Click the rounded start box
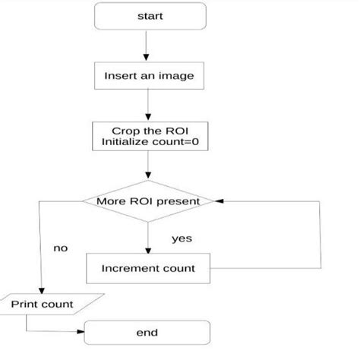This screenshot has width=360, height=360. pos(150,17)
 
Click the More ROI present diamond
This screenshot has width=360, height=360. pos(149,202)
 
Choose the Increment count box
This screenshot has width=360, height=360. pos(149,268)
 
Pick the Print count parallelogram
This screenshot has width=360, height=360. pos(42,305)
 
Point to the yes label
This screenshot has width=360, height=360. pos(182,238)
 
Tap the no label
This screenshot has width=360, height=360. pos(61,248)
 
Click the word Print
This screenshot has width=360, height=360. pos(26,305)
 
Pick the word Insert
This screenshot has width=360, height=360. pos(120,76)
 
